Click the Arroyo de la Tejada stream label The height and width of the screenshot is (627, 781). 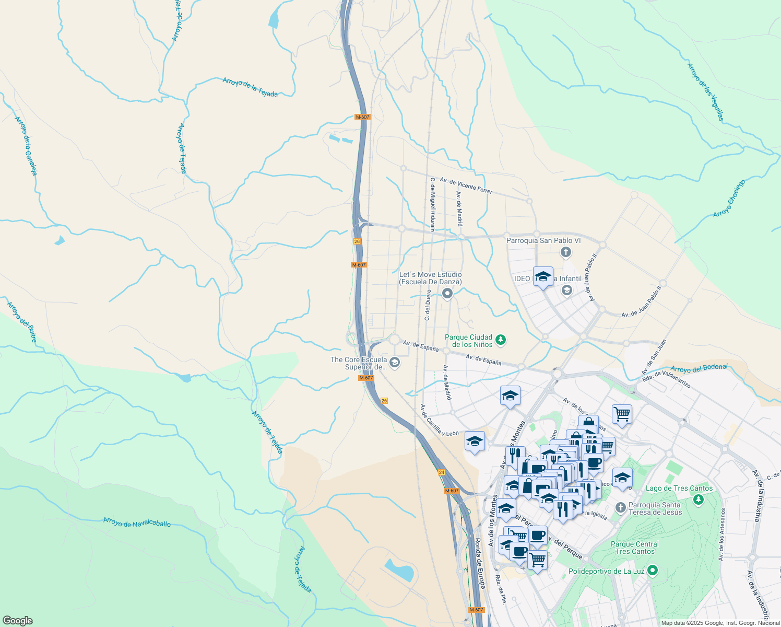[250, 87]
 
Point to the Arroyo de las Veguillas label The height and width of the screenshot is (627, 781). [705, 92]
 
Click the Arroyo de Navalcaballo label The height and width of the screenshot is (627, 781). [137, 522]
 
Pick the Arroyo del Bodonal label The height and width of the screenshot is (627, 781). [699, 368]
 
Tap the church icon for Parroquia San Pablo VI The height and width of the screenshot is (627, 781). [565, 253]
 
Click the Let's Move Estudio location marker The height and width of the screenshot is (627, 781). [447, 294]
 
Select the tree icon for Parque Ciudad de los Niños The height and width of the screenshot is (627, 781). [501, 341]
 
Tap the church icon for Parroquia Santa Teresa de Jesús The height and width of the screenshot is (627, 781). [620, 507]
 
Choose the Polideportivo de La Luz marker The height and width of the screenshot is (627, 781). [652, 571]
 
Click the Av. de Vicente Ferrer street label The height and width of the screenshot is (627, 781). [466, 185]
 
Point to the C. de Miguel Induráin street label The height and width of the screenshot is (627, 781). [432, 204]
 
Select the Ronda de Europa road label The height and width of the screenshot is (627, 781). [480, 563]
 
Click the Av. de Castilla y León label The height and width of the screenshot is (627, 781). [439, 420]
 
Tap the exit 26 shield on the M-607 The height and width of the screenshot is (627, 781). [357, 241]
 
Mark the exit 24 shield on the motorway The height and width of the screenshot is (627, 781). [442, 472]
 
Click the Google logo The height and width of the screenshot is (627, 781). [17, 621]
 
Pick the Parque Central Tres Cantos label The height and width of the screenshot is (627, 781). [635, 548]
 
